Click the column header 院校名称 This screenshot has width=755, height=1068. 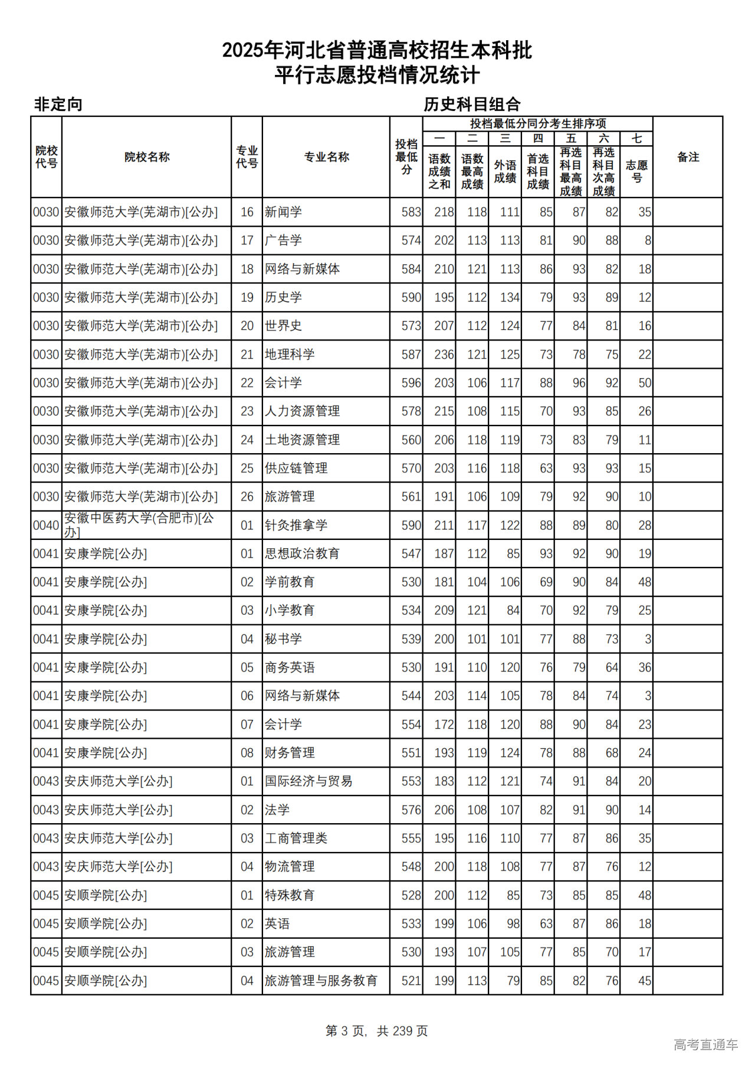(x=147, y=157)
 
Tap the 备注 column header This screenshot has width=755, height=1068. (x=688, y=157)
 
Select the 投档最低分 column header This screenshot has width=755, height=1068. (x=406, y=157)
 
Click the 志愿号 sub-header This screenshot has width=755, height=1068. (x=636, y=171)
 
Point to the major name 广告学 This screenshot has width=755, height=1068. (x=283, y=241)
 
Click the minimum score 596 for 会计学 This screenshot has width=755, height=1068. (x=411, y=383)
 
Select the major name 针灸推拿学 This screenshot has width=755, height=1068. (x=296, y=525)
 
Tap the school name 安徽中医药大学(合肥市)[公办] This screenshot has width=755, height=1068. (x=139, y=525)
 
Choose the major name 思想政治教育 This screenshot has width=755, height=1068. (x=302, y=553)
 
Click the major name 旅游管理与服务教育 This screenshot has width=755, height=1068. (x=321, y=981)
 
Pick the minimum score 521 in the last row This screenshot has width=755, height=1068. (x=411, y=981)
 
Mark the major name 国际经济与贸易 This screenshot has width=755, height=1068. (x=308, y=781)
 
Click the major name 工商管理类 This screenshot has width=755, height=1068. (x=296, y=838)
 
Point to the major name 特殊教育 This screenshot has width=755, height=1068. (x=290, y=895)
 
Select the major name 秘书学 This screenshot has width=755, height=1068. (x=283, y=639)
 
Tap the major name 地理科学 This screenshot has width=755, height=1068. (x=290, y=355)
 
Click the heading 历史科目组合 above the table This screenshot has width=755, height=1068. (x=472, y=104)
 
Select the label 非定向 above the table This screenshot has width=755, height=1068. (x=58, y=104)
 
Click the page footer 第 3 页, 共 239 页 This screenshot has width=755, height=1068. (x=377, y=1031)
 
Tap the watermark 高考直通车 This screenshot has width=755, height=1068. (x=705, y=1044)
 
